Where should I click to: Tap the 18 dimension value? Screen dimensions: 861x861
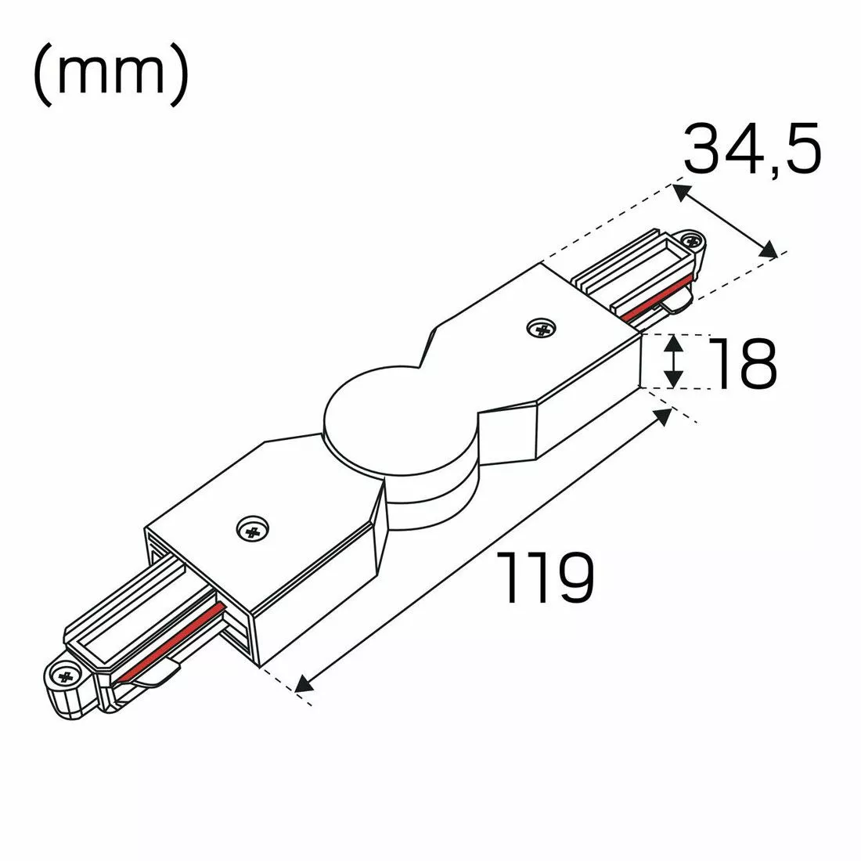pyautogui.click(x=744, y=363)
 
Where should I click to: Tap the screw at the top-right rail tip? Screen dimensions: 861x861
pyautogui.click(x=692, y=242)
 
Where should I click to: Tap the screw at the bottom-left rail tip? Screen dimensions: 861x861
pyautogui.click(x=63, y=674)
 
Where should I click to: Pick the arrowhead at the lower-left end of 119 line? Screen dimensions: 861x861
pyautogui.click(x=305, y=684)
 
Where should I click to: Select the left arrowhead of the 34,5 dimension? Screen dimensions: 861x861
pyautogui.click(x=682, y=191)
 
